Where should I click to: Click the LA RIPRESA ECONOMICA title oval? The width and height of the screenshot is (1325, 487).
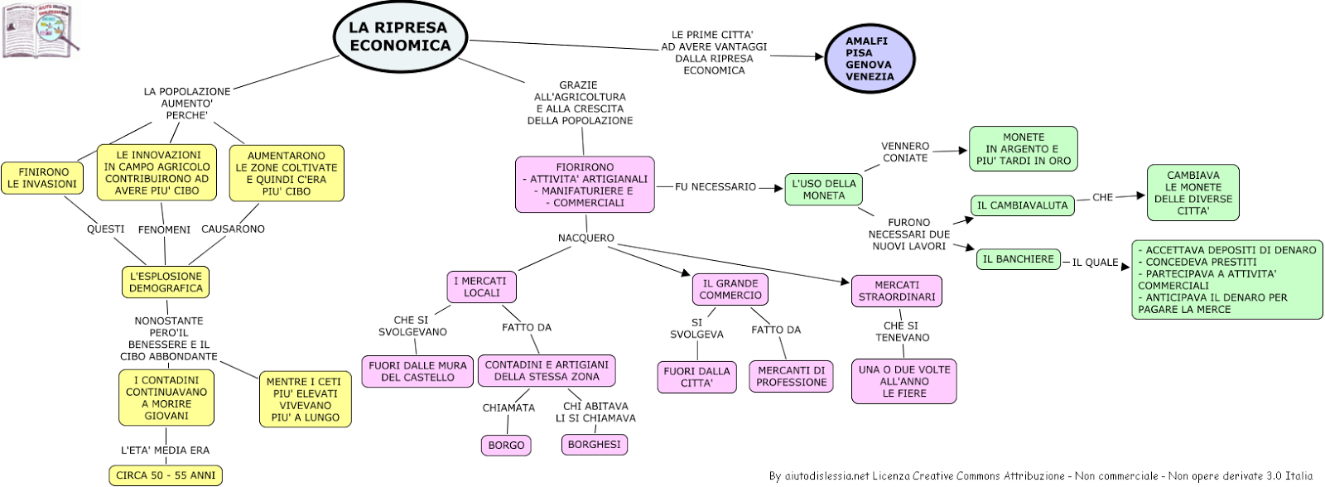(x=401, y=36)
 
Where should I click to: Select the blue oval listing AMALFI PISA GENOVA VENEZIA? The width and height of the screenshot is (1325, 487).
(x=870, y=59)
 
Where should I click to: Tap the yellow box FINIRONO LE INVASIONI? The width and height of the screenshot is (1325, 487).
(x=42, y=178)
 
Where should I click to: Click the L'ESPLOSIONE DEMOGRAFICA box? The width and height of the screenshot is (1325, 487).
(x=166, y=282)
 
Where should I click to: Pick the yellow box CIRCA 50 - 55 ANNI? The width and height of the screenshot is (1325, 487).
(x=166, y=475)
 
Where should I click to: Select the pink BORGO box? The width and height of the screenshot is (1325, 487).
(x=506, y=445)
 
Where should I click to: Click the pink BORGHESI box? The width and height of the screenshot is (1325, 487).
(x=595, y=445)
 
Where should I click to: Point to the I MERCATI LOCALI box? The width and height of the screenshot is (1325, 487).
(x=481, y=287)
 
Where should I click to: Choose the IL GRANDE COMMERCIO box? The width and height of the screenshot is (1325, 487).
(x=730, y=289)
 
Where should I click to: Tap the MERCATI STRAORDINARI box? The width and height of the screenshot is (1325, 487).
(x=897, y=292)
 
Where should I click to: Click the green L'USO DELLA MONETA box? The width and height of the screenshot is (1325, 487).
(x=824, y=190)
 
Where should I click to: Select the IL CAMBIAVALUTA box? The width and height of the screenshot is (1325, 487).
(x=1023, y=205)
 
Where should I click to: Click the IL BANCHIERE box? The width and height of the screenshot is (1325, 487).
(x=1019, y=259)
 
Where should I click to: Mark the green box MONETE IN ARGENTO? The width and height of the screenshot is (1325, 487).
(x=1024, y=148)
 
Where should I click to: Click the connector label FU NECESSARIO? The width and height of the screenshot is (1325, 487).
(x=715, y=187)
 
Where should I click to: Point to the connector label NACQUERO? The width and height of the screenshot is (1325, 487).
(x=586, y=238)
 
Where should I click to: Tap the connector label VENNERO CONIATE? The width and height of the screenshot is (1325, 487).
(x=905, y=152)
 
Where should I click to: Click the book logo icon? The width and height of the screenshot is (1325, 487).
(x=41, y=31)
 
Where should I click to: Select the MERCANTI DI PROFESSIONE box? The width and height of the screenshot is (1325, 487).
(x=792, y=376)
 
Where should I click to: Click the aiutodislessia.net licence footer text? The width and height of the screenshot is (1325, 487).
(x=1040, y=475)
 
